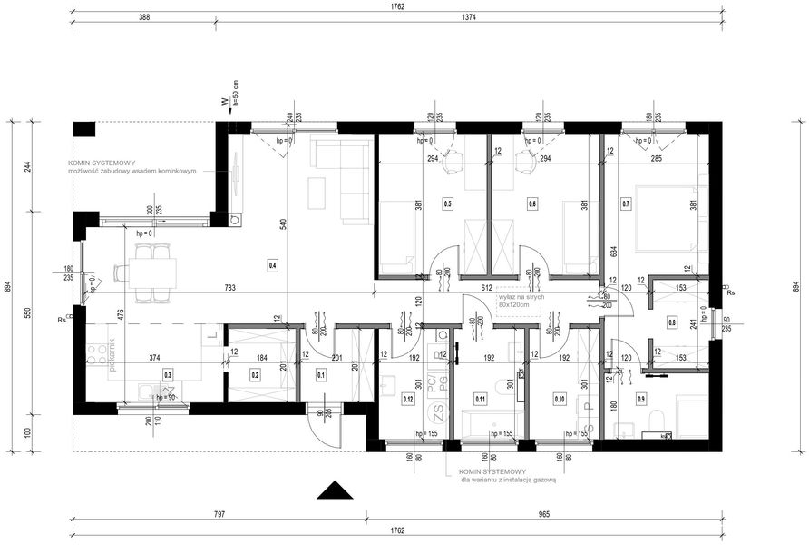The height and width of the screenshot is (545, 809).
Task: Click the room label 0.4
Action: [273, 266]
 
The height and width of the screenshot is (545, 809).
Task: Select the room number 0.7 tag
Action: [626, 204]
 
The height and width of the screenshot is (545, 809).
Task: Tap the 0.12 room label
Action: [408, 397]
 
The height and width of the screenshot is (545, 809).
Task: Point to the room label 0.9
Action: [641, 397]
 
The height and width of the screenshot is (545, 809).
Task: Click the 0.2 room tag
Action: [256, 373]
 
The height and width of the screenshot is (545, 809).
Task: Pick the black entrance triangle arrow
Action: [335, 490]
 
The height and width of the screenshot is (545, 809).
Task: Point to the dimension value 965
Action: [543, 514]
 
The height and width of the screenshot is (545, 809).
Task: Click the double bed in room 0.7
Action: [667, 218]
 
